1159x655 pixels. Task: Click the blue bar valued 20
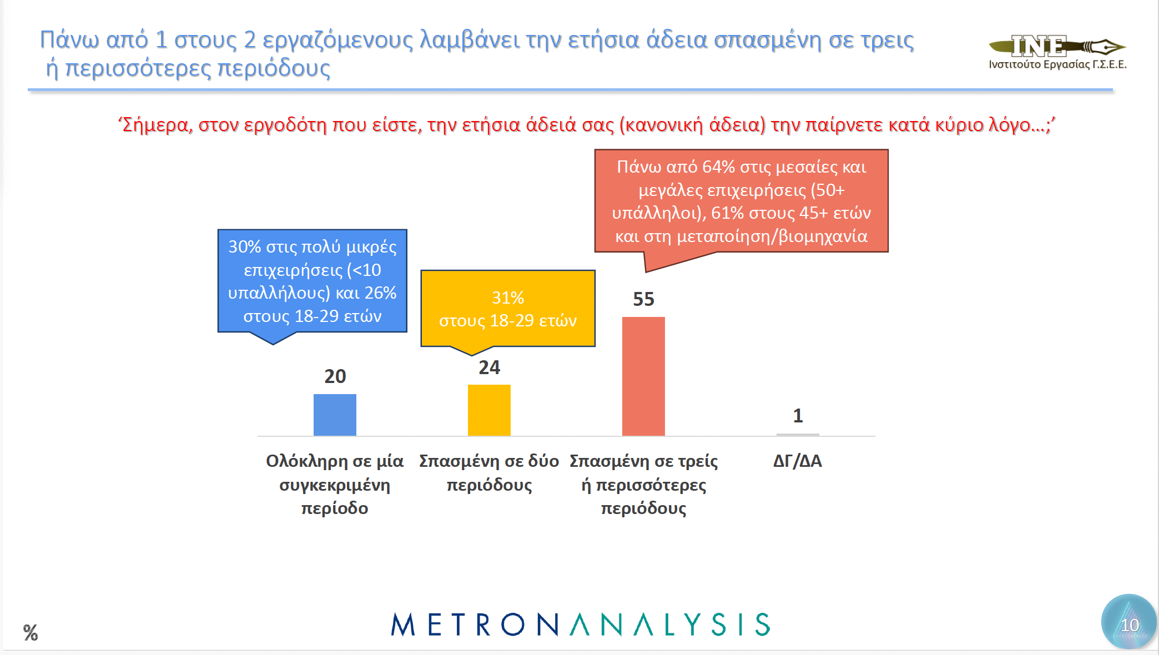[x=335, y=415]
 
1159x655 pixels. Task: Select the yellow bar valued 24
[x=489, y=410]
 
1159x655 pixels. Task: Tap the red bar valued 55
[x=643, y=376]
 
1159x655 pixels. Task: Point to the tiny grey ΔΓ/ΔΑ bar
[x=798, y=435]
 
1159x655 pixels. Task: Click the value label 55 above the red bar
[x=643, y=300]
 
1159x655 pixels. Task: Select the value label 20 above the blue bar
[x=335, y=376]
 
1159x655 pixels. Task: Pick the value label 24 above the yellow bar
[x=489, y=367]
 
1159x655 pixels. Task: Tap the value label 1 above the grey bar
[x=798, y=416]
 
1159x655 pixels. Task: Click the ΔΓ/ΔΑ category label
[x=798, y=461]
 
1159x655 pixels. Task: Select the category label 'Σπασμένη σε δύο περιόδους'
[x=489, y=473]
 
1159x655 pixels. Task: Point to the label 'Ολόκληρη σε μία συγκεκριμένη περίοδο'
[x=335, y=484]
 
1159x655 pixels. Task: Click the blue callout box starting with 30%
[x=312, y=281]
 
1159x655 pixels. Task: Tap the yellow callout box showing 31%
[x=507, y=309]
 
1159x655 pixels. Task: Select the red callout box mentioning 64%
[x=741, y=201]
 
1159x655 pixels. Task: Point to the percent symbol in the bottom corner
[x=31, y=632]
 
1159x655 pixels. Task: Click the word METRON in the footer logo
[x=475, y=625]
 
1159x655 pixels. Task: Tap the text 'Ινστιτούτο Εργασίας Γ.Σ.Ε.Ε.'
[x=1057, y=64]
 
